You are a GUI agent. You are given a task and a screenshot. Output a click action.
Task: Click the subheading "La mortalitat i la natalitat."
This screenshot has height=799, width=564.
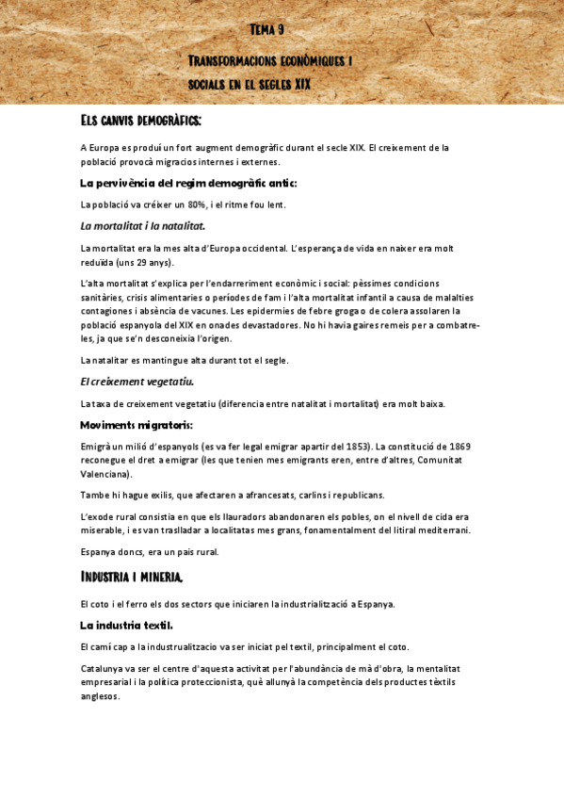pyautogui.click(x=143, y=226)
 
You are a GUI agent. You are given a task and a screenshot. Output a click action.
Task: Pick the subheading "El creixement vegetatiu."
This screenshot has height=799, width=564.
pyautogui.click(x=137, y=382)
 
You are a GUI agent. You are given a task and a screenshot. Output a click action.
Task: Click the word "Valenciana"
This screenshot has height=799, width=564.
pyautogui.click(x=105, y=474)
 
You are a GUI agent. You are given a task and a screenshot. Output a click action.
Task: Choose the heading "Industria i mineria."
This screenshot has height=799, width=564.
pyautogui.click(x=132, y=576)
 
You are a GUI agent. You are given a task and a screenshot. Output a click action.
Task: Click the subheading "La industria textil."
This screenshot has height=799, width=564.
pyautogui.click(x=126, y=625)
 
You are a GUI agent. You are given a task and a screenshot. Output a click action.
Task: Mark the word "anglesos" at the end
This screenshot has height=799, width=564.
pyautogui.click(x=101, y=697)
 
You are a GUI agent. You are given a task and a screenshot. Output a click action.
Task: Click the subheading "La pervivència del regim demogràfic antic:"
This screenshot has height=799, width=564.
pyautogui.click(x=188, y=183)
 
